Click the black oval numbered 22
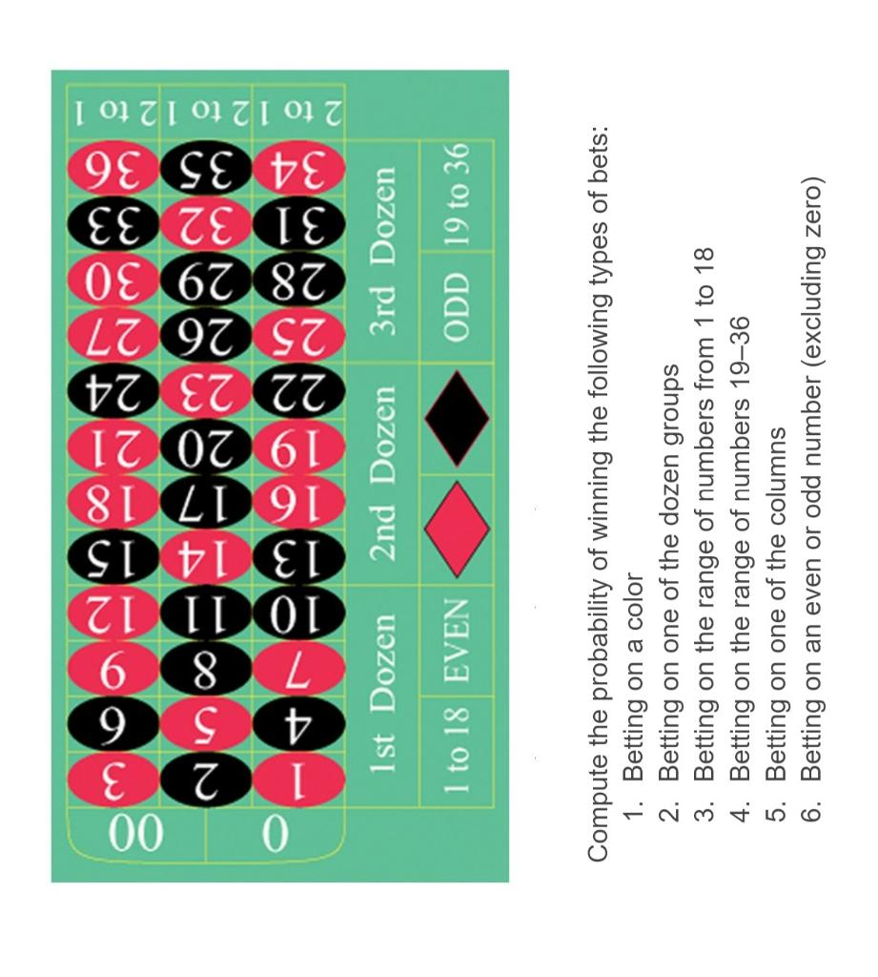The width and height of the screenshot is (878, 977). [298, 390]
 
